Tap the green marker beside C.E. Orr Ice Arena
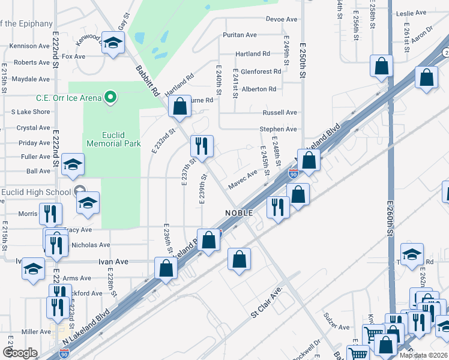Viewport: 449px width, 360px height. [110, 96]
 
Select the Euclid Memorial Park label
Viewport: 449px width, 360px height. [113, 139]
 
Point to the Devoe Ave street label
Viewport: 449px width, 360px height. [282, 19]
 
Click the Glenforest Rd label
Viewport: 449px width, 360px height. [261, 71]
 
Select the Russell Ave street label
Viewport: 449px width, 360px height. [280, 112]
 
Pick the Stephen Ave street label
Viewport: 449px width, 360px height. [278, 129]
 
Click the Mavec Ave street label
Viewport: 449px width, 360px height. [243, 175]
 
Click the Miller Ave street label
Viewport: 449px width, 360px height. [36, 332]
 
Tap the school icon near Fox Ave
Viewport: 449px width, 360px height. [112, 43]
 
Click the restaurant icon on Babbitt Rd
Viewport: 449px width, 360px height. [202, 146]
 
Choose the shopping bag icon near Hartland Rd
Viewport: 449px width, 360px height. [179, 107]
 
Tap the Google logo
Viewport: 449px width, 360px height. [20, 353]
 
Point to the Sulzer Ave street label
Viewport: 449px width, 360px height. [336, 327]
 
